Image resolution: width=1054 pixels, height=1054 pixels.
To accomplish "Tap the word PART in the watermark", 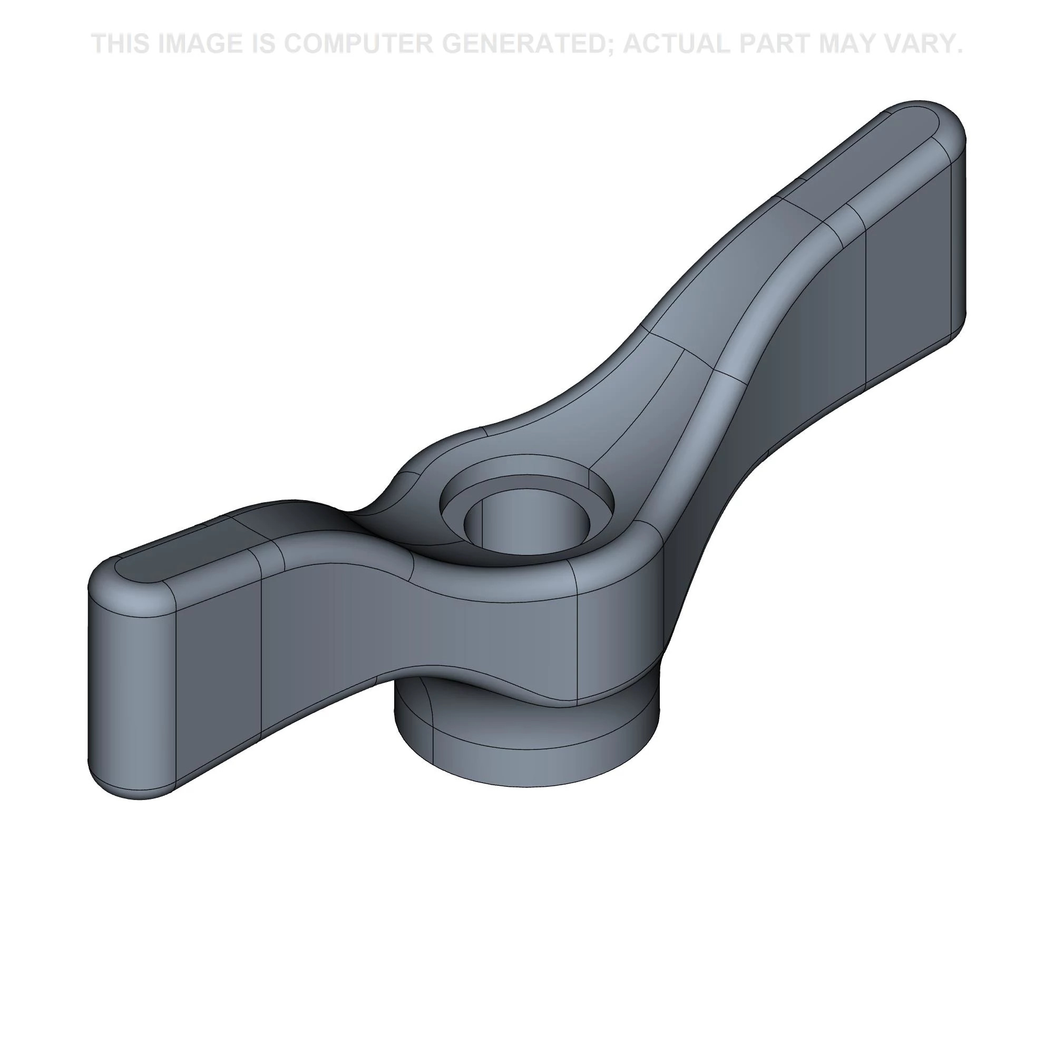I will [786, 44].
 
